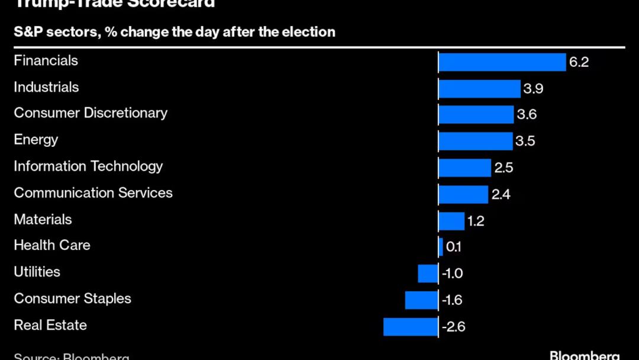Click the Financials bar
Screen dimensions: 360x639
(502, 62)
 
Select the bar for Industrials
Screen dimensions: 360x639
(479, 89)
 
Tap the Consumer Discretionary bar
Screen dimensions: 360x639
(476, 115)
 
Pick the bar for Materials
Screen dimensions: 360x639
(451, 221)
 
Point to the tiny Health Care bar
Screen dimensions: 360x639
(441, 247)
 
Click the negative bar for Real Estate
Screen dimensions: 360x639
(411, 327)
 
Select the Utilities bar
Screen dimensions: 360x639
(428, 274)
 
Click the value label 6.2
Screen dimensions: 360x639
(579, 62)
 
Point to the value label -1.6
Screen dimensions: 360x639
(452, 300)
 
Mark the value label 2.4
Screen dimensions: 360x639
(501, 194)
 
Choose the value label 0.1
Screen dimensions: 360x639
(453, 247)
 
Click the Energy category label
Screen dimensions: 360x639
(36, 140)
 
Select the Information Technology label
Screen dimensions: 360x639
(88, 166)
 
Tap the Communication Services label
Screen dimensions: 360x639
(93, 193)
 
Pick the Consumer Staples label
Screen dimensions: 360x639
(72, 298)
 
